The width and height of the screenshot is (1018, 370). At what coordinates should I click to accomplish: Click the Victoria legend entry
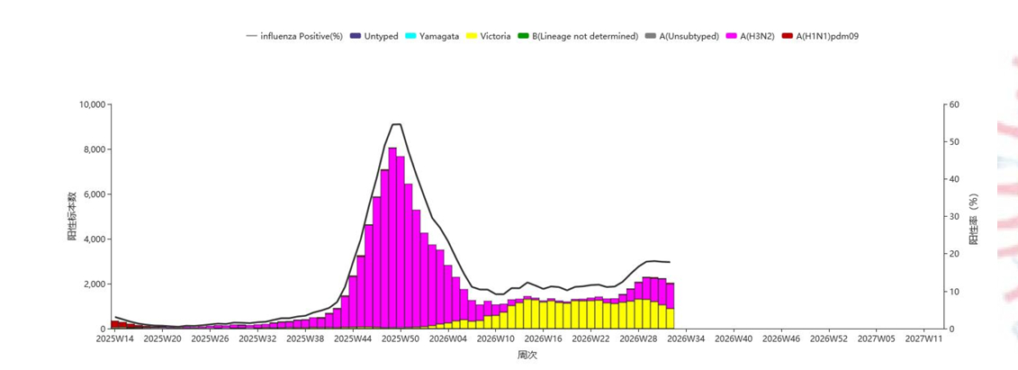coord(488,36)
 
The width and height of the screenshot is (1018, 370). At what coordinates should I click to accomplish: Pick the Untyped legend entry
coord(374,36)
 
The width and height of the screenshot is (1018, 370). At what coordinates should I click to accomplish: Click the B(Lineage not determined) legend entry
coord(578,36)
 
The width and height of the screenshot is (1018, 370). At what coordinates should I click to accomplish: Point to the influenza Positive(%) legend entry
coord(294,36)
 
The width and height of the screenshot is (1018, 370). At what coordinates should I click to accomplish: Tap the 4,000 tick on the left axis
coord(96,239)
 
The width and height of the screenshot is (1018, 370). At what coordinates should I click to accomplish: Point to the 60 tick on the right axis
coord(955,104)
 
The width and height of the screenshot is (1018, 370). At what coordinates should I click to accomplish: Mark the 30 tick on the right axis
coord(955,216)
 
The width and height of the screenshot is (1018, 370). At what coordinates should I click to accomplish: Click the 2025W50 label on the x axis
coord(401,338)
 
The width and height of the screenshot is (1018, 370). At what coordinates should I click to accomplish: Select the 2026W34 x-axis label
coord(686,338)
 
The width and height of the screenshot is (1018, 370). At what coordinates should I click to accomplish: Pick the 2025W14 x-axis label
coord(115,338)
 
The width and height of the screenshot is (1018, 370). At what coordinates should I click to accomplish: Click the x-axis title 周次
coord(527,355)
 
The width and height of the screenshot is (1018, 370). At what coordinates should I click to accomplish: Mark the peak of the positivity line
coord(397,124)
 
